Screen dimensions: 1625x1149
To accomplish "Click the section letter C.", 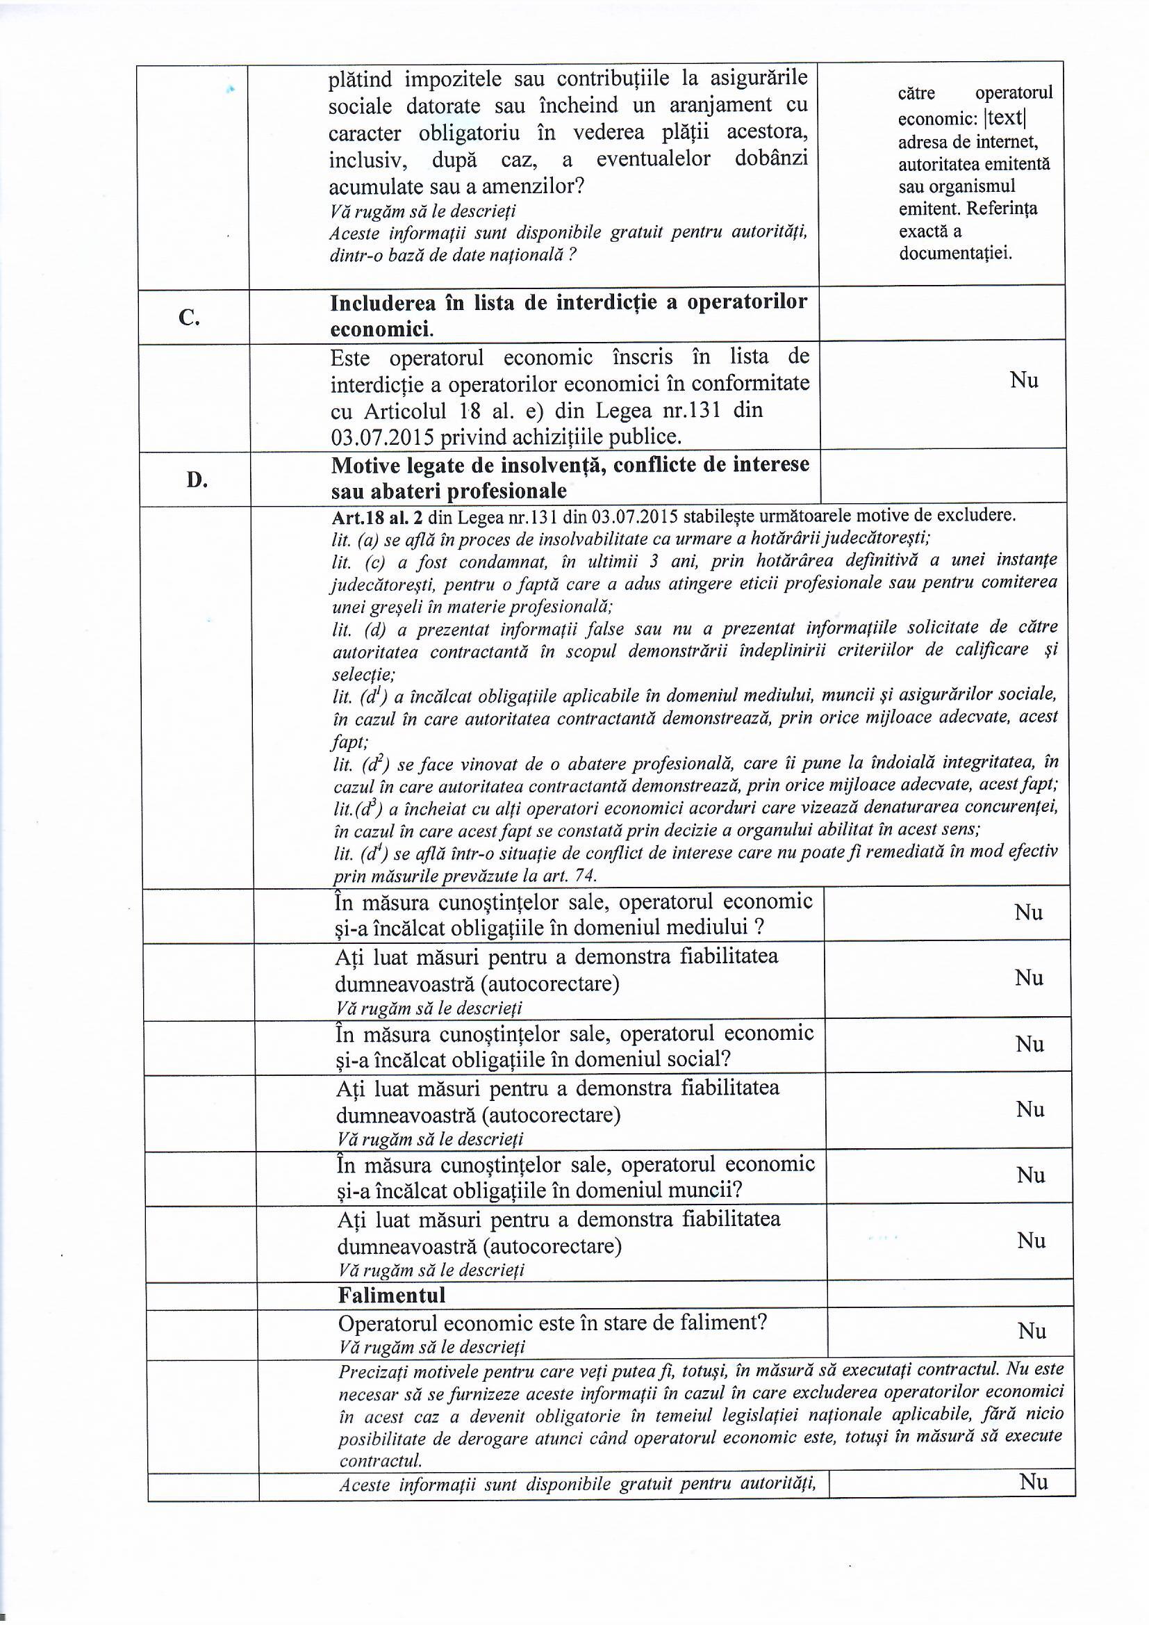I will pos(189,318).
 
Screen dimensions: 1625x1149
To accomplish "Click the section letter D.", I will pos(197,480).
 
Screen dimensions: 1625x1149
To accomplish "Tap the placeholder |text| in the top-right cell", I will pos(1005,117).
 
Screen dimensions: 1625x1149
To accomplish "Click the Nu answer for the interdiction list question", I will pos(1024,380).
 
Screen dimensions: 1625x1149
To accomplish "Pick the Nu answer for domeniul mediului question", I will pos(1028,913).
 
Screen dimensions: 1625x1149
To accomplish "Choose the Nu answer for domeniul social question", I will pos(1030,1044).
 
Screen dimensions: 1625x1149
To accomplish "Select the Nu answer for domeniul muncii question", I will pos(1031,1175).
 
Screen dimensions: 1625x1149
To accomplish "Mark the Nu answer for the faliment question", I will pos(1032,1331).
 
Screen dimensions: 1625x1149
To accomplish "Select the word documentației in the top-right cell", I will pos(954,254).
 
